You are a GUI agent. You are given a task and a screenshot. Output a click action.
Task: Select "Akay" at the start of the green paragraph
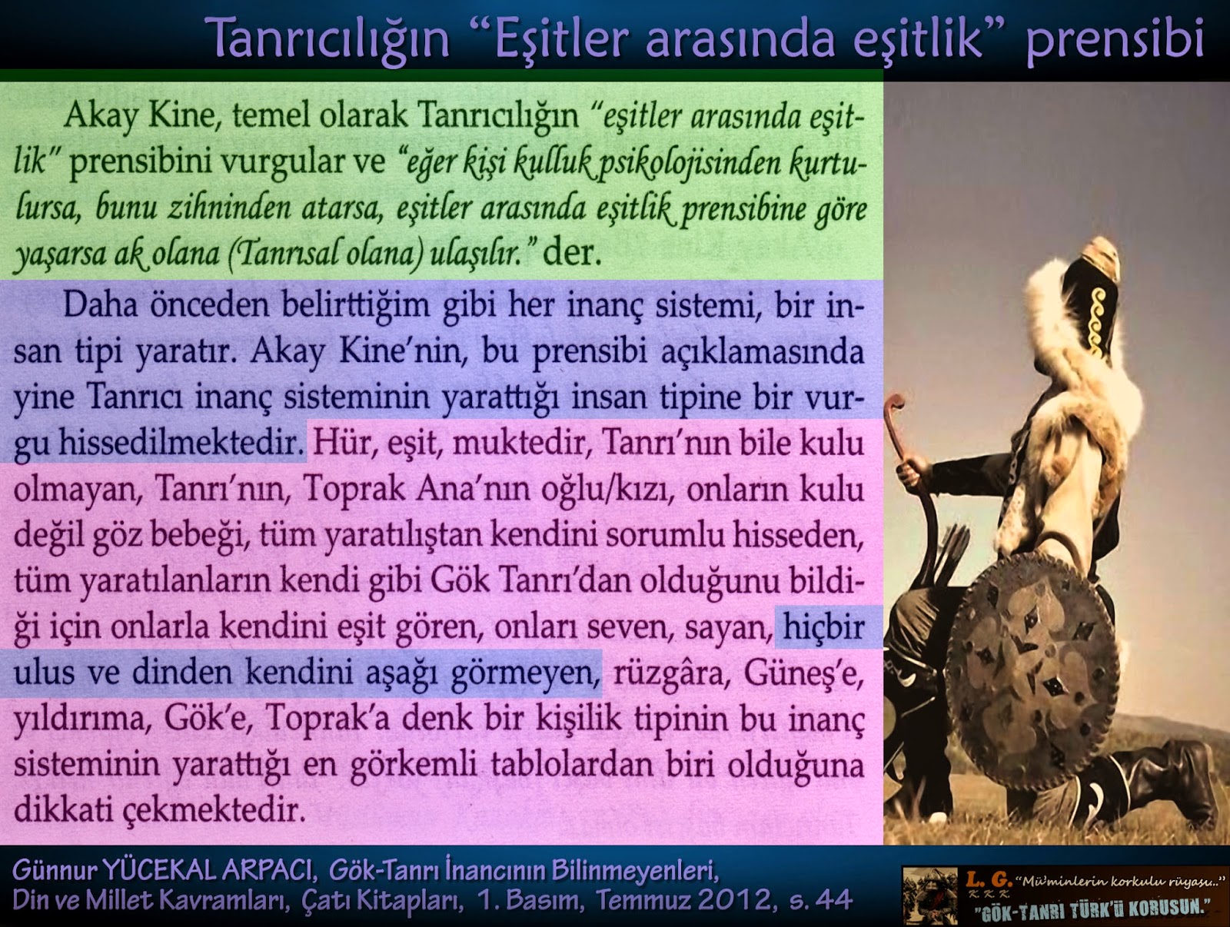point(101,117)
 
